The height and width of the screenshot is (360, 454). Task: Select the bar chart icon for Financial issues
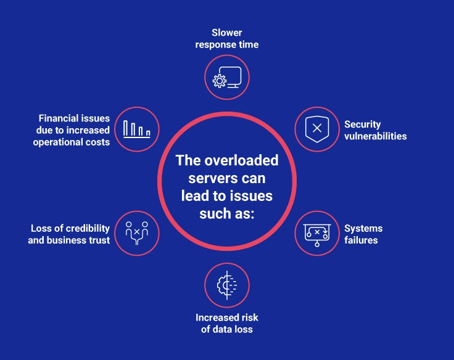[x=137, y=129]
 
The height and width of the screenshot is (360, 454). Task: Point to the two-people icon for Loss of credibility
[x=137, y=233]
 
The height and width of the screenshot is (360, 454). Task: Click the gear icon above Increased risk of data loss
[x=227, y=285]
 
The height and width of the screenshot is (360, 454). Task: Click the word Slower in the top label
[x=227, y=33]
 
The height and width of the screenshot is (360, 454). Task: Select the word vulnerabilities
[x=376, y=136]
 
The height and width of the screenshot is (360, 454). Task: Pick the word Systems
[x=363, y=228]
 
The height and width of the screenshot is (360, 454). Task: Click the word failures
[x=361, y=240]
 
